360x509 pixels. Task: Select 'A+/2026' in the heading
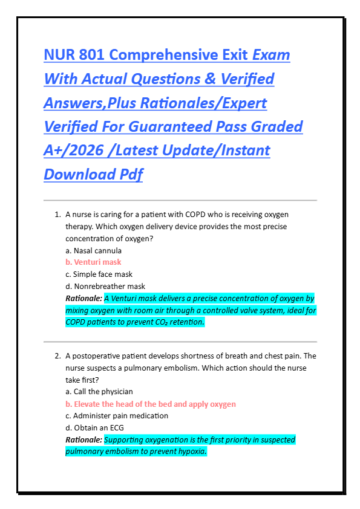tap(70, 151)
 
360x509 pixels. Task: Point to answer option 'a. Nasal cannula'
tap(93, 250)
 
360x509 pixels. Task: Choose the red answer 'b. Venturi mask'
tap(93, 262)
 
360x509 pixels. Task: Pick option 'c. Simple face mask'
tap(99, 274)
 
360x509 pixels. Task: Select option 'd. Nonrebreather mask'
tap(105, 286)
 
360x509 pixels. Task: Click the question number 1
tap(57, 214)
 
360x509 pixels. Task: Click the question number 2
tap(57, 356)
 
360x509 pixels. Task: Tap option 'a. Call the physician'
tap(99, 392)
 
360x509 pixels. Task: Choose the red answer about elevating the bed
tap(151, 404)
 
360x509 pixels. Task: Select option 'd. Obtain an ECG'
tap(94, 427)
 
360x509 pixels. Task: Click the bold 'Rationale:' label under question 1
tap(83, 299)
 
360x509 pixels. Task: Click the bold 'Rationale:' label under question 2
tap(83, 439)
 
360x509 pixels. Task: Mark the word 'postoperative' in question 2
tap(96, 356)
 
